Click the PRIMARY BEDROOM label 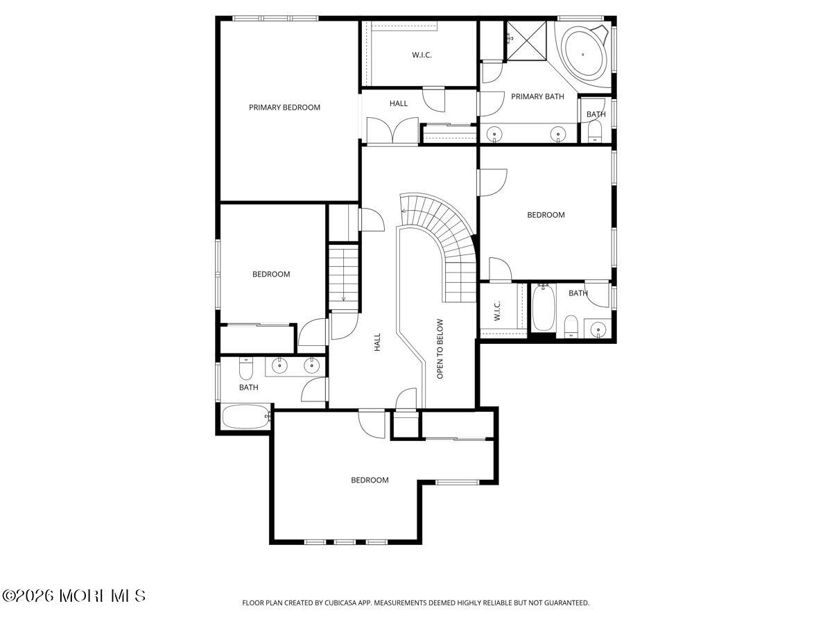[x=284, y=107]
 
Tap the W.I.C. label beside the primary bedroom [x=422, y=55]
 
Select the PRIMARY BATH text [x=537, y=96]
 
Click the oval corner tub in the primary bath [x=583, y=55]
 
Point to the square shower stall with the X [x=527, y=40]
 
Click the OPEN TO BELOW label [x=440, y=349]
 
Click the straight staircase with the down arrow [x=343, y=277]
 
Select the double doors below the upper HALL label [x=392, y=131]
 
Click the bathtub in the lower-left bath [x=245, y=417]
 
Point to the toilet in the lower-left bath [x=245, y=368]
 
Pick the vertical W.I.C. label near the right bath [x=497, y=311]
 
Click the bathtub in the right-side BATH [x=544, y=308]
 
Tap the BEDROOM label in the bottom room [x=370, y=480]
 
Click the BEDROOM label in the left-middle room [x=271, y=274]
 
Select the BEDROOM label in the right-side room [x=546, y=215]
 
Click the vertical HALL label [x=377, y=342]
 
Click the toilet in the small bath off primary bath [x=594, y=131]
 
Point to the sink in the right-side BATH [x=598, y=328]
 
